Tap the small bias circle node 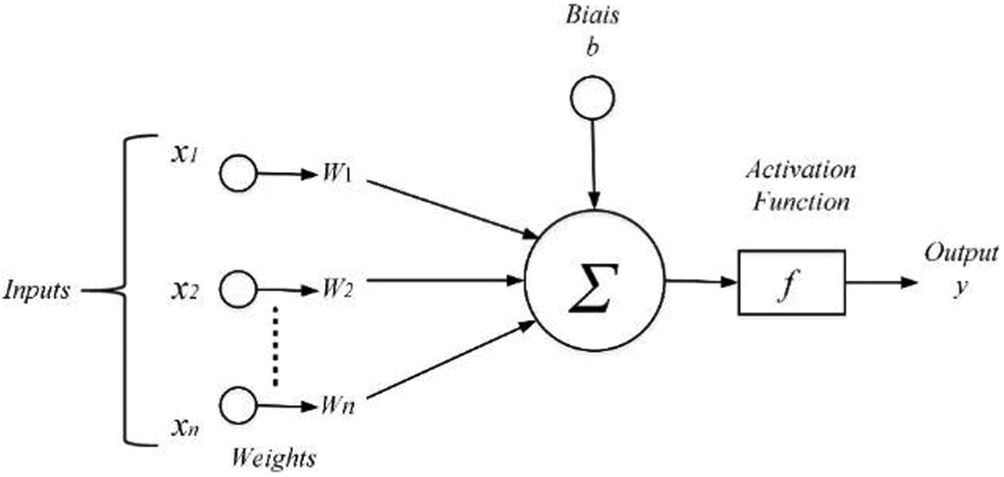tap(592, 98)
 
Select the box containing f tap(792, 282)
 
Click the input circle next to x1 tap(238, 173)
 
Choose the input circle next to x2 tap(238, 289)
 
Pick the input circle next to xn tap(238, 404)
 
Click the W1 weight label tap(336, 175)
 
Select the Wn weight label tap(336, 406)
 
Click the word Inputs tap(36, 291)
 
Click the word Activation tap(800, 172)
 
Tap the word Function tap(801, 203)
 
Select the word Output tap(960, 254)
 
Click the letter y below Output tap(960, 288)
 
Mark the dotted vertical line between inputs tap(276, 347)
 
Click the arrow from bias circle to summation tap(594, 164)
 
